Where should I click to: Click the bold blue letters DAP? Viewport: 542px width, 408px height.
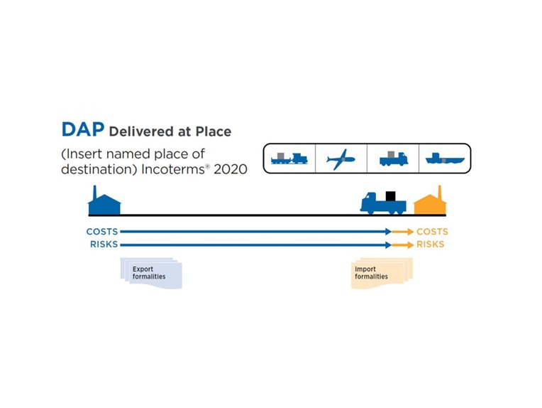(x=83, y=130)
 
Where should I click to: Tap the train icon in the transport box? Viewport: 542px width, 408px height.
(x=288, y=159)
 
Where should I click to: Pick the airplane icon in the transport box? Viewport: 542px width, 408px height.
(x=341, y=159)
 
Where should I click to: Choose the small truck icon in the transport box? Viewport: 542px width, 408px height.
(x=393, y=159)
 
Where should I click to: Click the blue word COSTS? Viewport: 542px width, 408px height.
(x=101, y=232)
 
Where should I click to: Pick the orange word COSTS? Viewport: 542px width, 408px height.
(x=432, y=232)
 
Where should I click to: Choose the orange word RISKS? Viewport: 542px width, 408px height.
(x=431, y=245)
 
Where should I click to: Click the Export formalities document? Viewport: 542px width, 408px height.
(x=151, y=274)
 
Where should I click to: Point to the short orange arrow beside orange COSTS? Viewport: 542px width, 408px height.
(x=403, y=232)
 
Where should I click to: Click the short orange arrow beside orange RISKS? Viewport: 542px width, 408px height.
(x=403, y=245)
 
